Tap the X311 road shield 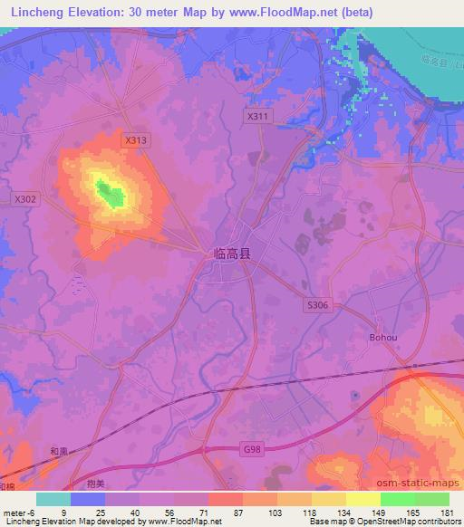258,117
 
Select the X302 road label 25,198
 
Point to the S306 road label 317,306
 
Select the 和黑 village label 60,451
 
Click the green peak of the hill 111,194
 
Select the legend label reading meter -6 19,513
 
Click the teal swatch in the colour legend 53,499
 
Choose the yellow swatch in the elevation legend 363,499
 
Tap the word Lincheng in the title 33,12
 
